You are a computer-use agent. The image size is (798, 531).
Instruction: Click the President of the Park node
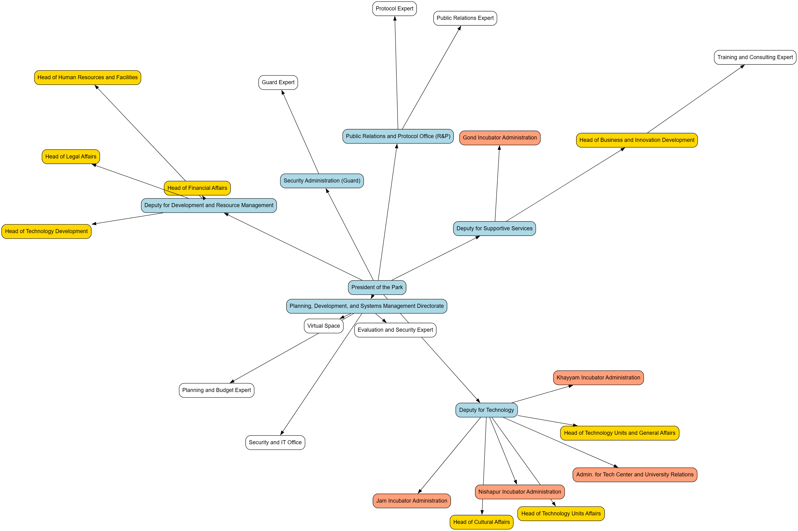tap(377, 287)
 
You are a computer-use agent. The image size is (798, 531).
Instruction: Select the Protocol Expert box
tap(394, 9)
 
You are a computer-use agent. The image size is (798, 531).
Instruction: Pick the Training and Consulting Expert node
tap(755, 57)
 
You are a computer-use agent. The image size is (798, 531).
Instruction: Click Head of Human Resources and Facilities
tap(87, 77)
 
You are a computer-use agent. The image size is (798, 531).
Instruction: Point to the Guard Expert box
tap(278, 82)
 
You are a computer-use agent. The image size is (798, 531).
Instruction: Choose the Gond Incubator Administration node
tap(500, 138)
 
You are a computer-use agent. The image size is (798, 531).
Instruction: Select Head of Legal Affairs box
tap(70, 157)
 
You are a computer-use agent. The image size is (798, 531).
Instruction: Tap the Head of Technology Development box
tap(46, 231)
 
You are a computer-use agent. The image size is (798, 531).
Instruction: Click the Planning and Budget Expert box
tap(216, 390)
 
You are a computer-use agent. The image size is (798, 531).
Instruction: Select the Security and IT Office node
tap(275, 442)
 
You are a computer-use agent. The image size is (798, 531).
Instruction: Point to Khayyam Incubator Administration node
tap(598, 378)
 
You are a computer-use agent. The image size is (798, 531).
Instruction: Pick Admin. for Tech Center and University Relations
tap(634, 474)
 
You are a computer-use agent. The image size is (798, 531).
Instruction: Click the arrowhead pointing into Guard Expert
tap(283, 92)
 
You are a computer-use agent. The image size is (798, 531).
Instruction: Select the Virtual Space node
tap(323, 326)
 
